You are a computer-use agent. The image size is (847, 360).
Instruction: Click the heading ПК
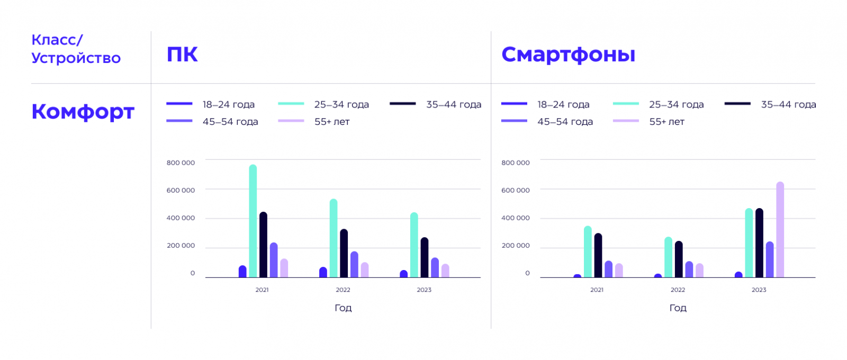182,55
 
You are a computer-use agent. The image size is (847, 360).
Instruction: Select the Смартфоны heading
568,55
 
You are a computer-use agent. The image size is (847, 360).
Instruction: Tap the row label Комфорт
83,112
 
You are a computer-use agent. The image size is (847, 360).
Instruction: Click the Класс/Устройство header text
76,49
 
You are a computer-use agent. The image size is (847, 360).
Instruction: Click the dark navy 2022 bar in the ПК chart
344,254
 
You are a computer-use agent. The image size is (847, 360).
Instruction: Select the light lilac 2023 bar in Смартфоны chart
780,230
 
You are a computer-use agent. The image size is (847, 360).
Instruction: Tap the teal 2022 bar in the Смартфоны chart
668,257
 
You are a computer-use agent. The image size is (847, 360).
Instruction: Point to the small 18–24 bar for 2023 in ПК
404,274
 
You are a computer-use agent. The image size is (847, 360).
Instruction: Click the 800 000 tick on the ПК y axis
181,163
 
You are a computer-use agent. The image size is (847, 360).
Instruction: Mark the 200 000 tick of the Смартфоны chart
515,246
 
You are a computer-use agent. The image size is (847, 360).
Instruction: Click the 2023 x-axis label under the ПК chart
424,290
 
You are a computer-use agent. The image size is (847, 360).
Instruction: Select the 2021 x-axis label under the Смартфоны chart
597,290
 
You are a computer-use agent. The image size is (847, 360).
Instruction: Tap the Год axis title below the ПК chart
343,308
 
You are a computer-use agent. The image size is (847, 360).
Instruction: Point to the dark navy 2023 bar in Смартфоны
759,243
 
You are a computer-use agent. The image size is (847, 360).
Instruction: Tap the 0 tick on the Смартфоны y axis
527,273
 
